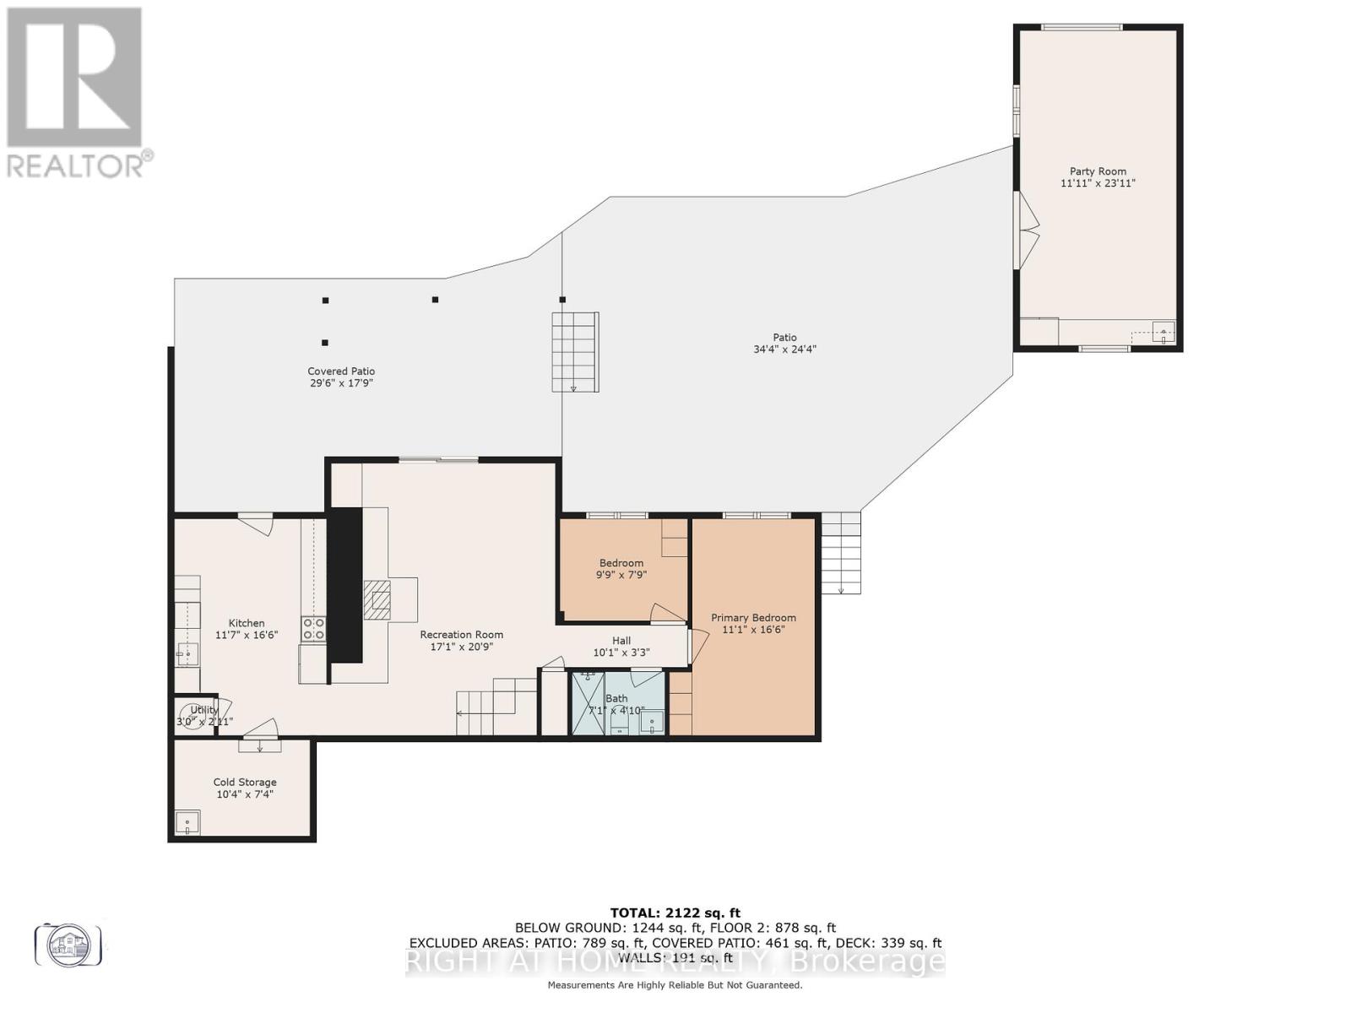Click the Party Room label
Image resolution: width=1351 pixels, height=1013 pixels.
tap(1098, 171)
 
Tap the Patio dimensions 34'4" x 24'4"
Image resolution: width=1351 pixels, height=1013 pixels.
tap(784, 349)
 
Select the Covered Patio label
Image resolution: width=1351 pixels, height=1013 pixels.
tap(341, 371)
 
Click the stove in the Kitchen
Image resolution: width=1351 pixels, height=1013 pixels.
tap(314, 629)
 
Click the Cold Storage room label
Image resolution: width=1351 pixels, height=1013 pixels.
tap(245, 783)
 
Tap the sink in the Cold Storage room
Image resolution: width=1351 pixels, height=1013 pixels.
tap(187, 822)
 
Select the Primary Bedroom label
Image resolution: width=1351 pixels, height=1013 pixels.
tap(753, 618)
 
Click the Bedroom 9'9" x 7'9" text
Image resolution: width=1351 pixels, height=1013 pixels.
tap(621, 569)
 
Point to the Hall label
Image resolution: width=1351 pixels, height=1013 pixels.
tap(621, 641)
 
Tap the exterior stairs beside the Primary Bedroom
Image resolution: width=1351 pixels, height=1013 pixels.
tap(841, 553)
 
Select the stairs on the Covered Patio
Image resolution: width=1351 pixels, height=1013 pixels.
tap(575, 351)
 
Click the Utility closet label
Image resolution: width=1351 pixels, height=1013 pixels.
tap(204, 710)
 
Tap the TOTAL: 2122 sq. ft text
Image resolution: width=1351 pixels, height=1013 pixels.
tap(675, 913)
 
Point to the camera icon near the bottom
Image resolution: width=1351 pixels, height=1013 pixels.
tap(68, 945)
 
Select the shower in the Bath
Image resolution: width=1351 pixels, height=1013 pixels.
tap(588, 703)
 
